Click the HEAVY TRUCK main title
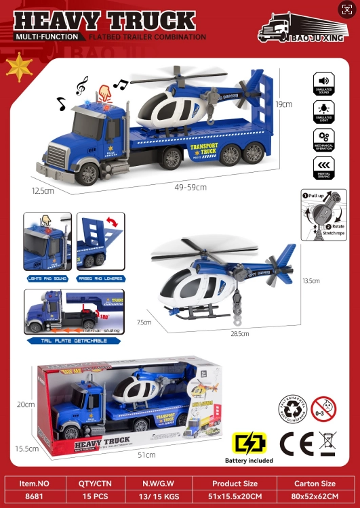coord(104,20)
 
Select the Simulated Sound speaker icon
coord(323,81)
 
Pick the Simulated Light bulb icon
coord(323,108)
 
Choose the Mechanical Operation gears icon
coord(323,137)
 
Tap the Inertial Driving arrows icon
coord(323,165)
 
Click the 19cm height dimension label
coord(284,104)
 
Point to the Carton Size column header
coord(315,484)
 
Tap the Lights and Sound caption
coord(47,278)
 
